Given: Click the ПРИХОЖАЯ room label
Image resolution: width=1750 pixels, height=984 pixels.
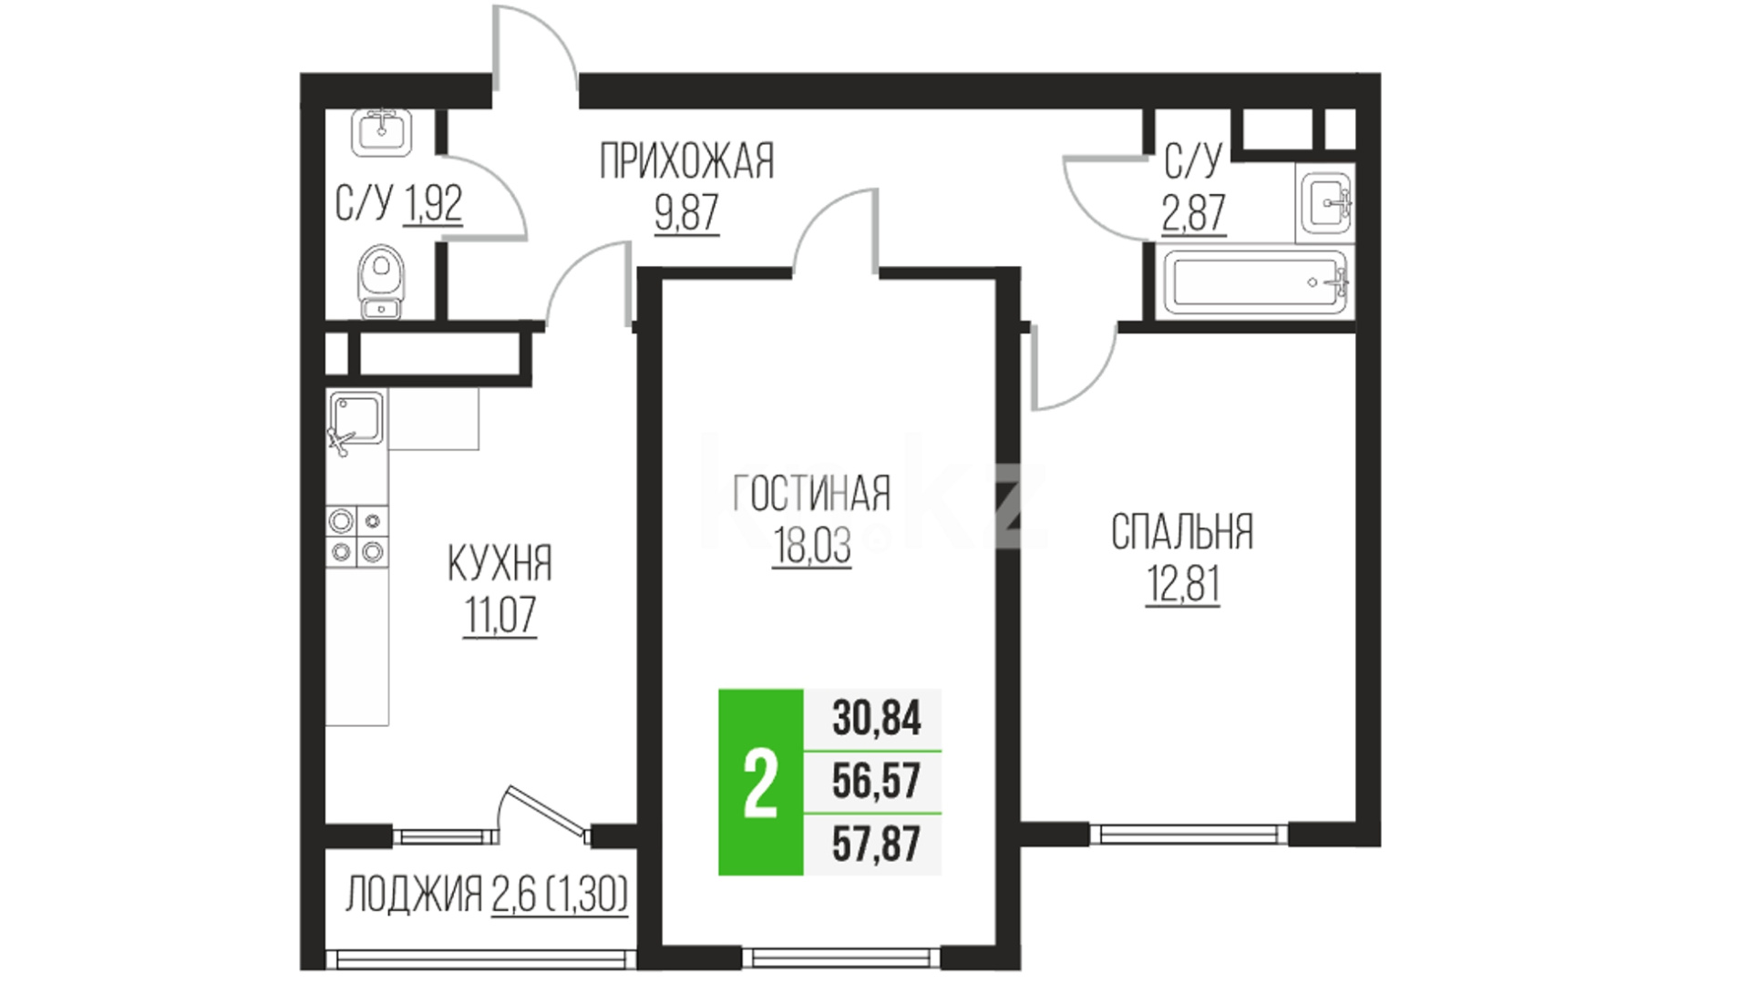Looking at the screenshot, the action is [x=686, y=162].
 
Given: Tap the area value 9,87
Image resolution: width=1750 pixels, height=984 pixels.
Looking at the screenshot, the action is [x=686, y=213].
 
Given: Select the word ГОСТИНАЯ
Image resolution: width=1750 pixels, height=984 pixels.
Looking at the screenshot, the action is [x=811, y=494].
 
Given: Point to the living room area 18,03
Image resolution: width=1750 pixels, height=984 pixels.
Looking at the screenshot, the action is [x=811, y=546].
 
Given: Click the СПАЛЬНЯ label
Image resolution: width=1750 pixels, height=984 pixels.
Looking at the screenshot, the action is [x=1182, y=532].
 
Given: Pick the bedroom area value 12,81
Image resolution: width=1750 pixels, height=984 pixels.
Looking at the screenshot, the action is [x=1182, y=584].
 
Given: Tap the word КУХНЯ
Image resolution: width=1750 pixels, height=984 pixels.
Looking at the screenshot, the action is [x=499, y=564].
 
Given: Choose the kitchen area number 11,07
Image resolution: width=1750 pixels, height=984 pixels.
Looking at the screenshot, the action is [x=499, y=616].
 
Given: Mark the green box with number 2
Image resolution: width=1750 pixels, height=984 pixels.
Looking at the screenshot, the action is [x=761, y=782].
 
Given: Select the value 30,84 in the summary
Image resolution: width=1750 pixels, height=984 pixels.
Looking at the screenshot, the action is [x=877, y=718].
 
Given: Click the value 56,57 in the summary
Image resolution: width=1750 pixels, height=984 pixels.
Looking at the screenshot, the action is [x=877, y=781].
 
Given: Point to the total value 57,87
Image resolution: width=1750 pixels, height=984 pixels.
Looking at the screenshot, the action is [x=877, y=843].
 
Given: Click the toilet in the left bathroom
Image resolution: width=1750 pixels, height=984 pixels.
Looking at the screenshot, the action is [x=381, y=282].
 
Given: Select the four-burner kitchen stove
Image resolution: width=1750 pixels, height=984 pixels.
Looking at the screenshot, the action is [x=357, y=536].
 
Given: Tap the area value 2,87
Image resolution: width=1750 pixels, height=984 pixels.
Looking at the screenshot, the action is [x=1193, y=213].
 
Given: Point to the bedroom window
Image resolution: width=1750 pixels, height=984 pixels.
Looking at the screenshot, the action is [x=1189, y=834].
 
